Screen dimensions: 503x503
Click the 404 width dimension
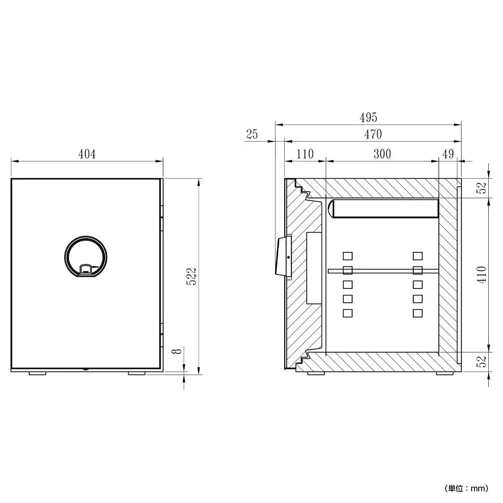(x=87, y=154)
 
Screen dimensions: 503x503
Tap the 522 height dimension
(x=191, y=276)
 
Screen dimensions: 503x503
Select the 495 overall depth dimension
(x=368, y=117)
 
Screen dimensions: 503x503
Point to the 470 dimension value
(x=373, y=134)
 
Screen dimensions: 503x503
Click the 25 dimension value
(x=252, y=134)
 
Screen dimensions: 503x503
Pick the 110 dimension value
(x=305, y=154)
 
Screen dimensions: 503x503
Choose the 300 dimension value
(x=382, y=154)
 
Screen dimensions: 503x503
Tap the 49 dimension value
(x=448, y=154)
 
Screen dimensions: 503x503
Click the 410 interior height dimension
(x=482, y=275)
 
